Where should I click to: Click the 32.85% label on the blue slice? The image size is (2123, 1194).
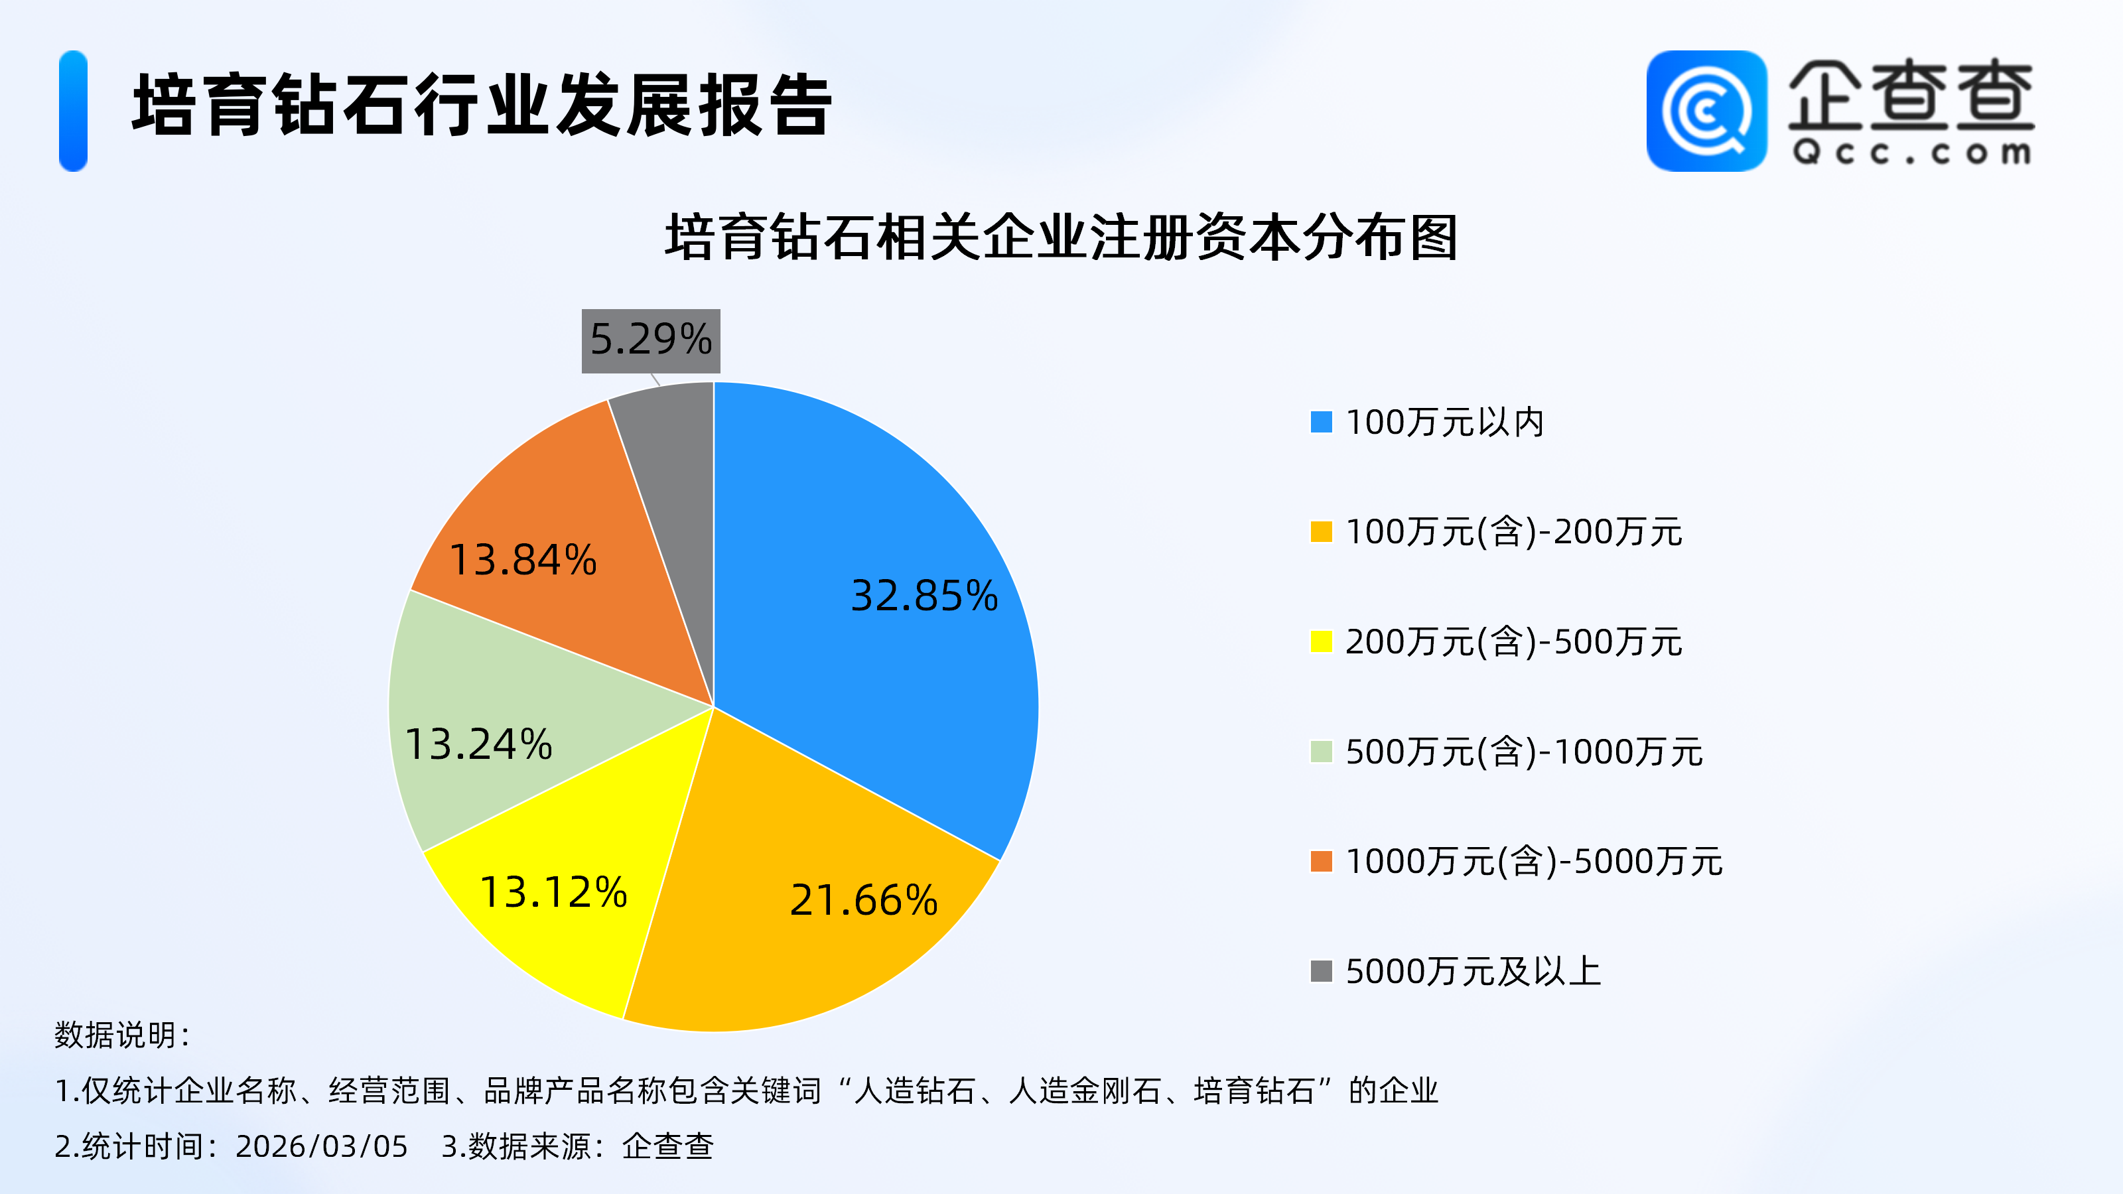924,595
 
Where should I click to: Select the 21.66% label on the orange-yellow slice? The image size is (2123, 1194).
864,900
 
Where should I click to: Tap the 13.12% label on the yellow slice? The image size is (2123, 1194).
553,892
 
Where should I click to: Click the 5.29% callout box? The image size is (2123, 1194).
650,340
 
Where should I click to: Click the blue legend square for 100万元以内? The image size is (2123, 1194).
1321,422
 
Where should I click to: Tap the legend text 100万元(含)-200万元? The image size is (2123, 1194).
1513,531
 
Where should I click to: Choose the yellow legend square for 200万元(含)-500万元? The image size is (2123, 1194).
1321,641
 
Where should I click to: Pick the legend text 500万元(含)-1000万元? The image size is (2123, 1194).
1524,752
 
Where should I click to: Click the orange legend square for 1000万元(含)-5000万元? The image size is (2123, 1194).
1321,861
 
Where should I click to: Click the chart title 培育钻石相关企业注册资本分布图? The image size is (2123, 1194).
1061,237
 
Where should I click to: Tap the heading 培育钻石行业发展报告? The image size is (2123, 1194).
482,105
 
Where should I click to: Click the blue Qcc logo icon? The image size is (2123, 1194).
1706,110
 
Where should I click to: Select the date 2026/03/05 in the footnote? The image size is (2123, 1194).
321,1146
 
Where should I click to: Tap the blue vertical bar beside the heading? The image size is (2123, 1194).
74,110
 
